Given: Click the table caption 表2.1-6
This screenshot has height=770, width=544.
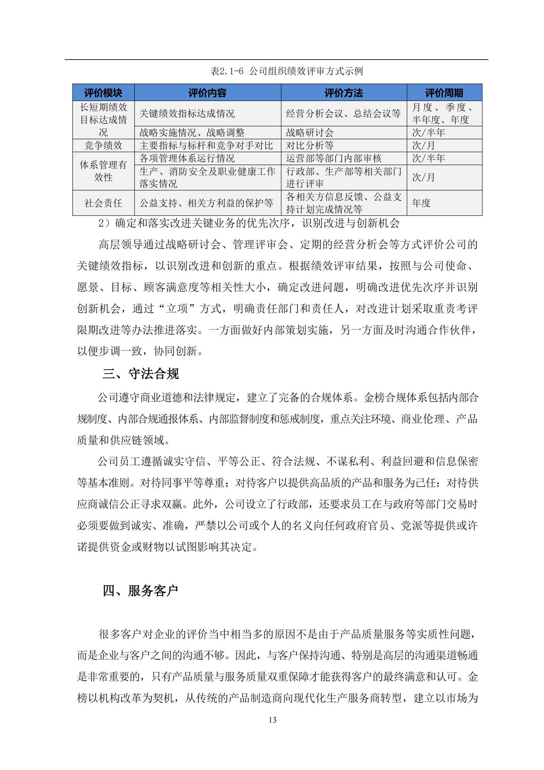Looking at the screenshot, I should tap(286, 71).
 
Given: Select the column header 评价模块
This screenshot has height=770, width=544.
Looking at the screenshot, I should tap(103, 93).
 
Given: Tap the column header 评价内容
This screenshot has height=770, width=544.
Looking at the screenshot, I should tap(207, 93).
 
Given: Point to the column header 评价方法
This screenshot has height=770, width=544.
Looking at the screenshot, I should tap(343, 93).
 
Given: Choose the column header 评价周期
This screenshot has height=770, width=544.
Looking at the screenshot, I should tap(444, 93).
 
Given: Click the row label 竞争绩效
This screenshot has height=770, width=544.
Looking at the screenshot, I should tap(103, 146).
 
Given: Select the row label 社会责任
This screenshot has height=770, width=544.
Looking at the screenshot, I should tap(103, 203).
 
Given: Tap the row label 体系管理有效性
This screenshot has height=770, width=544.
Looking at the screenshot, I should tap(103, 171).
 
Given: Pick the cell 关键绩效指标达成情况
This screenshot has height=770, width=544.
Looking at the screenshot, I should tap(187, 114).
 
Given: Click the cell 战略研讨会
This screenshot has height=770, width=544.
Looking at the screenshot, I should tap(309, 133).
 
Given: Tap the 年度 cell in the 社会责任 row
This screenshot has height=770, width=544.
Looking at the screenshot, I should tap(421, 203).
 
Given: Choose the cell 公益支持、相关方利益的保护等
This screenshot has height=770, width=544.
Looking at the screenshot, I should tap(206, 203).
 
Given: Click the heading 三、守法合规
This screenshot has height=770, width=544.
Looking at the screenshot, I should tap(141, 374).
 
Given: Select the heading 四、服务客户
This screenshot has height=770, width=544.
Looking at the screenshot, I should tap(140, 591).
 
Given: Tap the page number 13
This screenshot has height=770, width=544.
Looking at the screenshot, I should tap(272, 720).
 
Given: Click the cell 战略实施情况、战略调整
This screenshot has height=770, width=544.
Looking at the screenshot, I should tap(192, 133).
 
